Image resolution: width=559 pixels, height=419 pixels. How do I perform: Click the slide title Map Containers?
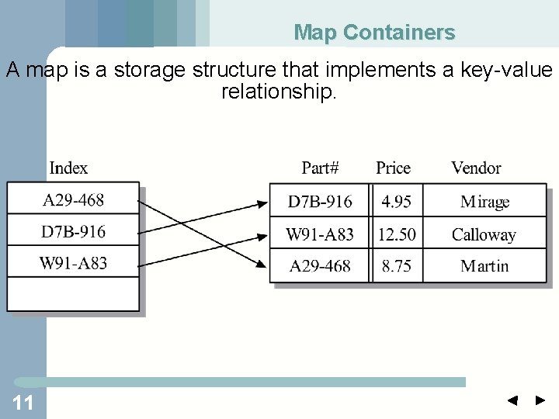374,33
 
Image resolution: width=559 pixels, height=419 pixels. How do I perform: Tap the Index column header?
68,168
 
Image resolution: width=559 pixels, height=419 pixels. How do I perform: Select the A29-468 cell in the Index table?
73,200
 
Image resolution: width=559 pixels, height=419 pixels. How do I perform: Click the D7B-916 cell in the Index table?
73,231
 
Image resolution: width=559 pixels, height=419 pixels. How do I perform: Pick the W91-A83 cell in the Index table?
73,262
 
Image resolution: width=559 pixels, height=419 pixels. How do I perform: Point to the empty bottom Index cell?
73,294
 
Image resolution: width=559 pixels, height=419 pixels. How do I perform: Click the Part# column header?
321,168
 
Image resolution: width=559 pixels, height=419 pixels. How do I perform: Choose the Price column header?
393,168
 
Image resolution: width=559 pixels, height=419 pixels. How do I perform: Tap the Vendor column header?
476,168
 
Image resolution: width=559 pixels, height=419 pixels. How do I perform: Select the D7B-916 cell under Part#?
320,202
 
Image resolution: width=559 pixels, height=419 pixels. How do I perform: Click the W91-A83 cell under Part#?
320,234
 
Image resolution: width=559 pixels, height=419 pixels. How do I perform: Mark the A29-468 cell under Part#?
320,266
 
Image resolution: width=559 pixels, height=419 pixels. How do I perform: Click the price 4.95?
396,202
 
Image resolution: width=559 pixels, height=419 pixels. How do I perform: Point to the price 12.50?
396,234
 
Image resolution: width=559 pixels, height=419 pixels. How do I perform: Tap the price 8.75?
396,266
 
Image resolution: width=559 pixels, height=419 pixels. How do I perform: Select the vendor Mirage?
484,202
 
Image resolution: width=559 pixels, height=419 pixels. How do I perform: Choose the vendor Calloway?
484,234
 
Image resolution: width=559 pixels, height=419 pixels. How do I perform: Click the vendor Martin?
484,266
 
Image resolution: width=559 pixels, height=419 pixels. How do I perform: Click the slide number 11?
23,402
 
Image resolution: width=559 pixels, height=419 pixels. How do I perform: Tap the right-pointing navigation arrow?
540,401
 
